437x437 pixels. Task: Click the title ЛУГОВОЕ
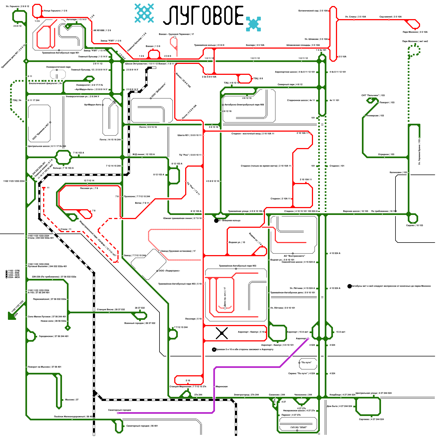tap(203, 16)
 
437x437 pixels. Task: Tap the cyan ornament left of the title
tap(144, 13)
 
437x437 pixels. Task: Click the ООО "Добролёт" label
tap(158, 90)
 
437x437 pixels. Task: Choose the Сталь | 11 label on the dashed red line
tap(66, 229)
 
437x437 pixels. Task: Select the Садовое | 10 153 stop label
tap(415, 225)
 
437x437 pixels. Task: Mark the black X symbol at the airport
tap(222, 333)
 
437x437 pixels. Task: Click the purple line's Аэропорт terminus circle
tap(308, 339)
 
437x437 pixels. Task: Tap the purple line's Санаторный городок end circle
tap(118, 413)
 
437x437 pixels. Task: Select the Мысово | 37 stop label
tap(72, 400)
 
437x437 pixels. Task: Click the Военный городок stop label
tap(140, 323)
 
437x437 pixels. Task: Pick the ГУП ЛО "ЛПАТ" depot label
tap(299, 427)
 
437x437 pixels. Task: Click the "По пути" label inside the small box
tap(306, 362)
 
